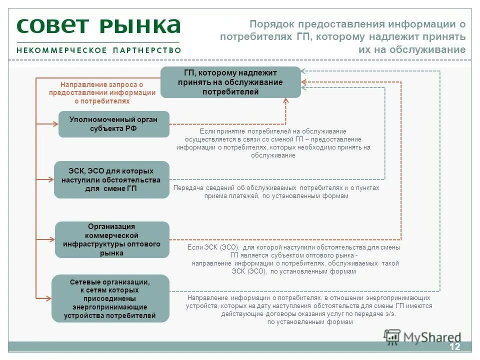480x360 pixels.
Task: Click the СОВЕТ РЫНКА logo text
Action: pyautogui.click(x=98, y=26)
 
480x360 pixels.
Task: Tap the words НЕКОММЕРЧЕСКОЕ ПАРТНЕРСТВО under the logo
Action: pyautogui.click(x=98, y=50)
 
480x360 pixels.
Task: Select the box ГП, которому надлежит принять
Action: pyautogui.click(x=230, y=82)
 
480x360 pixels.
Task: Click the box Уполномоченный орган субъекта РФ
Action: pyautogui.click(x=114, y=124)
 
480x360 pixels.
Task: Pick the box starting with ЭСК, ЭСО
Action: pyautogui.click(x=111, y=179)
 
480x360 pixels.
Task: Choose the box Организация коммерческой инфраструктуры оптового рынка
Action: pyautogui.click(x=112, y=239)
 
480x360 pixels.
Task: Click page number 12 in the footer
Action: pyautogui.click(x=454, y=347)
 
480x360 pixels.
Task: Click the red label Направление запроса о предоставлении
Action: pyautogui.click(x=102, y=93)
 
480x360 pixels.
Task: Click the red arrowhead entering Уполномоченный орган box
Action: pyautogui.click(x=55, y=124)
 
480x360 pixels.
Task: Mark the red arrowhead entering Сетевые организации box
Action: pyautogui.click(x=49, y=298)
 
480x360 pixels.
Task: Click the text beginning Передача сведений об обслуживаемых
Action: pyautogui.click(x=276, y=192)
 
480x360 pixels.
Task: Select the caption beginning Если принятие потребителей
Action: pyautogui.click(x=273, y=143)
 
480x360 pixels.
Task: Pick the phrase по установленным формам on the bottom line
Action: pyautogui.click(x=310, y=322)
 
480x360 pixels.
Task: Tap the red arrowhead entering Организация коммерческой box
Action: pyautogui.click(x=52, y=239)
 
